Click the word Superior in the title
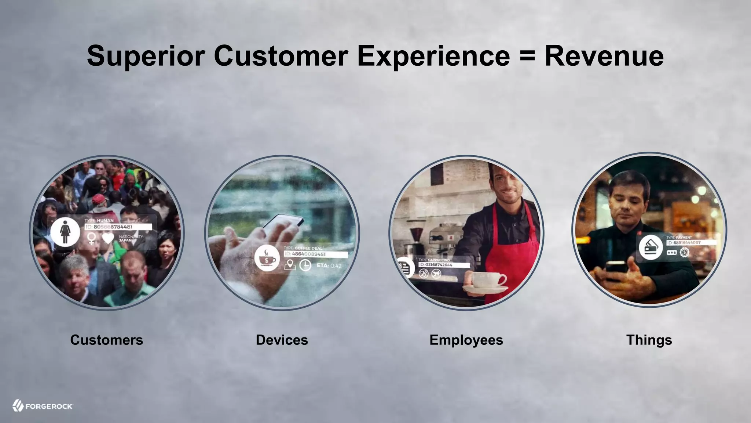[x=146, y=56]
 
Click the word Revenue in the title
[x=604, y=56]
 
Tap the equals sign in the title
[x=527, y=56]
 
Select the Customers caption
[x=106, y=340]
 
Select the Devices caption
[x=282, y=340]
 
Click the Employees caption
[x=466, y=340]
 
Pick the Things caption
[x=649, y=340]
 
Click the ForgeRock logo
[x=43, y=406]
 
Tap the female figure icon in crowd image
[x=65, y=232]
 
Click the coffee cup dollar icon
[x=267, y=258]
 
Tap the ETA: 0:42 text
[x=329, y=265]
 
